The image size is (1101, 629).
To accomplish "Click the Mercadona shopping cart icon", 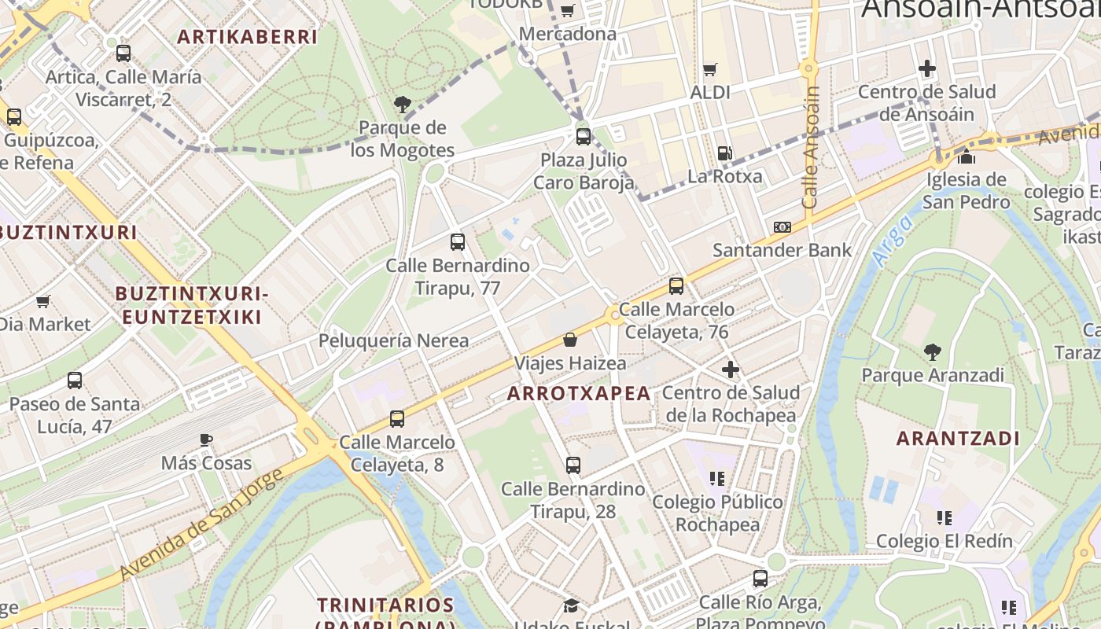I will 567,10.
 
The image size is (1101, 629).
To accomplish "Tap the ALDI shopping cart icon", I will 710,69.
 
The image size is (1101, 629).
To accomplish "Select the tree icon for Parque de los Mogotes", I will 402,104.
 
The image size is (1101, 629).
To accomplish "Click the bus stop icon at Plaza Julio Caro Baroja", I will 584,137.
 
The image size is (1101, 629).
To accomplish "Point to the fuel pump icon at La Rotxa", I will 724,153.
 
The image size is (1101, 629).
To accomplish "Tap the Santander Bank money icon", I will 782,227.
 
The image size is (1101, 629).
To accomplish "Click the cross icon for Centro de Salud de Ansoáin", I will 927,68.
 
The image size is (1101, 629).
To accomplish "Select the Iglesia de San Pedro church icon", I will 967,156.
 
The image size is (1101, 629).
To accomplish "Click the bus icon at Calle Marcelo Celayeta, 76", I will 676,286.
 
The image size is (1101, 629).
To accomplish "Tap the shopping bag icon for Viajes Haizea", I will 570,340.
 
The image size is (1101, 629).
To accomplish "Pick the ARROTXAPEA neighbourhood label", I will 579,394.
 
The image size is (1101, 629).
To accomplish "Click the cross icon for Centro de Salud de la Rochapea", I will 731,369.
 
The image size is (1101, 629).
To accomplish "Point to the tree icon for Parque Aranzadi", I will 933,351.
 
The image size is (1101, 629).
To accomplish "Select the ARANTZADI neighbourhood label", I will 958,439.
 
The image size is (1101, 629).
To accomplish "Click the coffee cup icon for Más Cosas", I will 206,440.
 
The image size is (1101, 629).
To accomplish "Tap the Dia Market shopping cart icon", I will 43,301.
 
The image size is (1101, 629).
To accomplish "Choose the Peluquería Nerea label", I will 393,340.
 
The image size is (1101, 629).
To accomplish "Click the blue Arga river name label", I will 893,240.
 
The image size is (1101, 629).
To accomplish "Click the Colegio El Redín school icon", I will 945,517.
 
